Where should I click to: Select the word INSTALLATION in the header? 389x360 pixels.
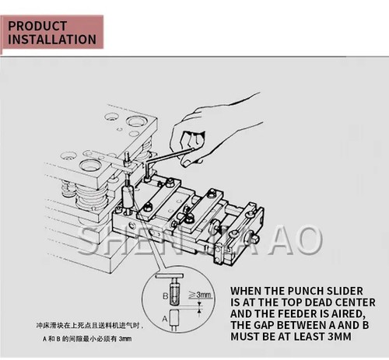point(52,40)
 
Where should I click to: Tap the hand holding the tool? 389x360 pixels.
point(214,124)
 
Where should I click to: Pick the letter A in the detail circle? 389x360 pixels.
point(164,318)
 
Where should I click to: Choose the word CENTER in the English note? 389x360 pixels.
point(352,301)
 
